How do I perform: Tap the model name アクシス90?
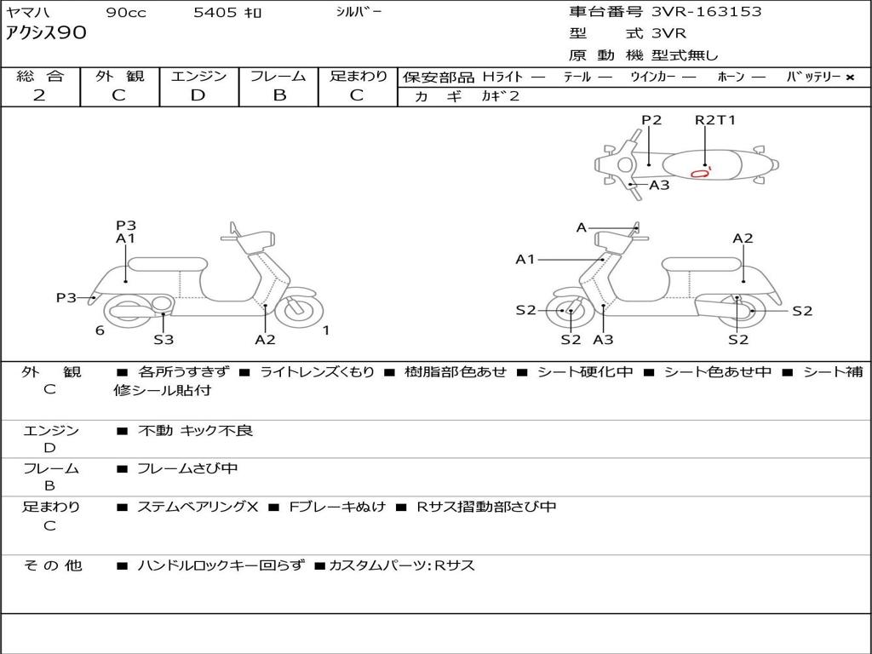[47, 34]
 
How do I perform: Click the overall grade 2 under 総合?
[39, 95]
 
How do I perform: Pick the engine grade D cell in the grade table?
[198, 95]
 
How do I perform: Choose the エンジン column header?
[198, 76]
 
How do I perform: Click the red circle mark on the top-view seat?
[700, 173]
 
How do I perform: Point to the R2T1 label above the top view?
[715, 120]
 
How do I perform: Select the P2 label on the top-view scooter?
[651, 120]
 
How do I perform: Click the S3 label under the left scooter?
[163, 340]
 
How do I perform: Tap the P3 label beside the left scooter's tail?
[66, 297]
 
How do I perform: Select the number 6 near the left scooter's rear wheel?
[100, 330]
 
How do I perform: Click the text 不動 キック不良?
[195, 431]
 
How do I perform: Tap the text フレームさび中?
[187, 468]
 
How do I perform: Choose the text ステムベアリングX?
[198, 507]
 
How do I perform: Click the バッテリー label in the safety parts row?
[814, 77]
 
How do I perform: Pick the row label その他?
[53, 565]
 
